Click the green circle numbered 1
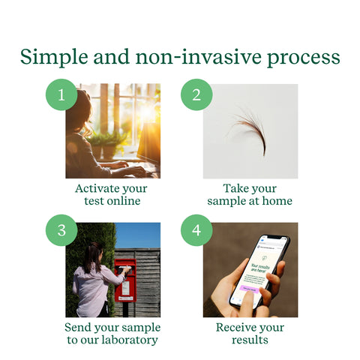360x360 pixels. [x=61, y=94]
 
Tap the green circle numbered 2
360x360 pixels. [x=196, y=94]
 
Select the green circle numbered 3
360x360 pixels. [x=61, y=231]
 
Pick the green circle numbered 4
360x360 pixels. [x=196, y=231]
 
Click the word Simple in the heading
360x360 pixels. [x=51, y=57]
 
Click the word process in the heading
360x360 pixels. [x=303, y=58]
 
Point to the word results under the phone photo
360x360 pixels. [x=250, y=340]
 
